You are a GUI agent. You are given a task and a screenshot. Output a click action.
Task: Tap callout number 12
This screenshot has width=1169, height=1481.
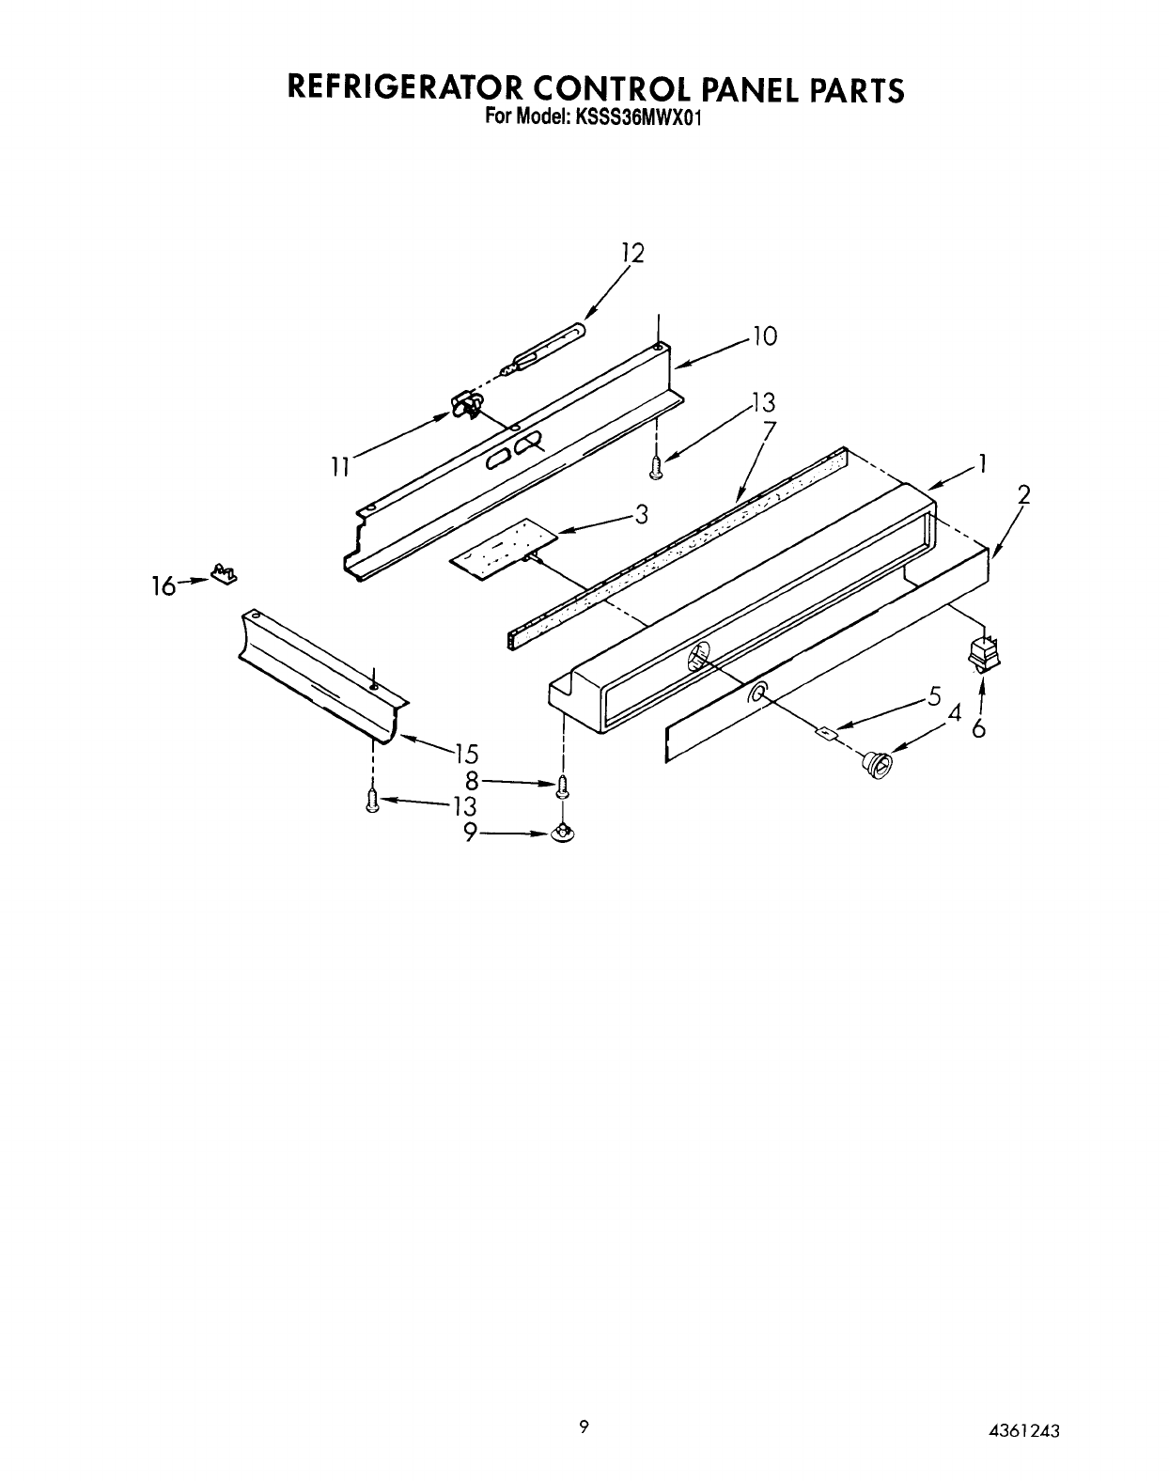point(632,253)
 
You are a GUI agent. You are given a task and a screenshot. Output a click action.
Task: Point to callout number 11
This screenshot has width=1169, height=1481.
point(340,464)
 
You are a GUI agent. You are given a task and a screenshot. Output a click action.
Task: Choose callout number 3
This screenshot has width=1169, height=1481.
point(641,514)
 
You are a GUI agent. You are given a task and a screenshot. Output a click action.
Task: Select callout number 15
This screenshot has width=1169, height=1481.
point(466,754)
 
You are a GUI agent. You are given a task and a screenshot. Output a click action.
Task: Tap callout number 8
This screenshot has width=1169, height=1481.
point(473,780)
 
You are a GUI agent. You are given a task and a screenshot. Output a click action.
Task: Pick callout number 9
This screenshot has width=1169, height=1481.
point(472,833)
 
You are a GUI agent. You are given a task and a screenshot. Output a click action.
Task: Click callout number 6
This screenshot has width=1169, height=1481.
point(979,728)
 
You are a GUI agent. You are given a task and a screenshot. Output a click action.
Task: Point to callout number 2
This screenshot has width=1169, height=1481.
point(1023,495)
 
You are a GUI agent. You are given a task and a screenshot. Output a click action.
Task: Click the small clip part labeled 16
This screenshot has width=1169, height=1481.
point(223,573)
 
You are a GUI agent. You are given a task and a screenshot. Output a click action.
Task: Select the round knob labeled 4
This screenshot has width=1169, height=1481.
point(877,765)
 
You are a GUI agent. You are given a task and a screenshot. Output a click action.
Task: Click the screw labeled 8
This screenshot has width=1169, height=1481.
point(562,787)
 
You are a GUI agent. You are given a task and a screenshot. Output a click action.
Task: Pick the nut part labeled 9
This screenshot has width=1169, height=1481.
point(562,833)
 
